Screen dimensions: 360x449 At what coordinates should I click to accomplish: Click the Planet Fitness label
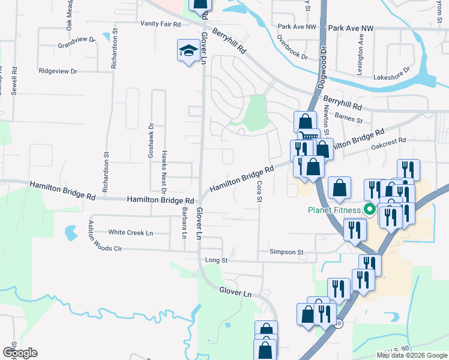pyautogui.click(x=334, y=210)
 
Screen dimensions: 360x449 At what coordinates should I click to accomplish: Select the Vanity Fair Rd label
pyautogui.click(x=160, y=24)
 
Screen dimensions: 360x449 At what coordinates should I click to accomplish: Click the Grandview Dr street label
pyautogui.click(x=77, y=43)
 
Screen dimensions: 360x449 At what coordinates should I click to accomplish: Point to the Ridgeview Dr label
pyautogui.click(x=58, y=71)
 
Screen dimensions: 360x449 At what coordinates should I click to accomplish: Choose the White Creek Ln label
pyautogui.click(x=131, y=232)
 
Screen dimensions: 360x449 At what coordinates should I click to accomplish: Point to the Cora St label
pyautogui.click(x=261, y=192)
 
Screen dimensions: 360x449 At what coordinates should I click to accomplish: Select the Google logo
pyautogui.click(x=20, y=353)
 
